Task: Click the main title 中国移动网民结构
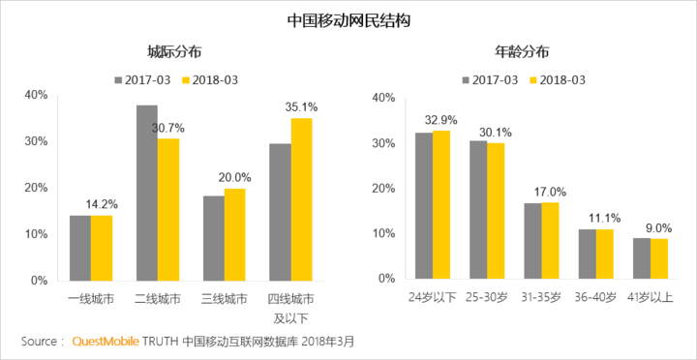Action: (348, 19)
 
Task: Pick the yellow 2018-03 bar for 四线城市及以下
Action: (301, 198)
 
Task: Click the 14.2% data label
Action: (103, 204)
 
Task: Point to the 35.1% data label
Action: (301, 106)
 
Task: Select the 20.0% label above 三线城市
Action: (234, 177)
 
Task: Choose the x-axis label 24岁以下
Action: (432, 295)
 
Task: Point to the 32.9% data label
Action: (441, 120)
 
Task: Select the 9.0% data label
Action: (658, 227)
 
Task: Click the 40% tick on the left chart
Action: (36, 95)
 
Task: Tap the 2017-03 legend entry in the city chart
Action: (142, 78)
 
